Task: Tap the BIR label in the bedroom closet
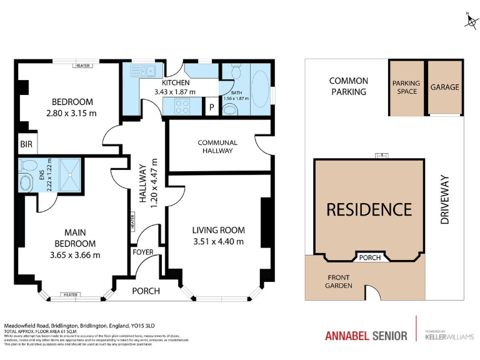point(26,144)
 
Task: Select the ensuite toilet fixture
point(27,166)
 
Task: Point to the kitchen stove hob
point(182,107)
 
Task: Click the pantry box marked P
point(212,107)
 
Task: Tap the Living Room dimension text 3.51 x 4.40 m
point(217,241)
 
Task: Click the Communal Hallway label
point(217,146)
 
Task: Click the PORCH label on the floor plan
point(146,291)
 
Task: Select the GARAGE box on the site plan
point(444,87)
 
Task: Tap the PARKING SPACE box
point(406,87)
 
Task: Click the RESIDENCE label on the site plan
point(369,209)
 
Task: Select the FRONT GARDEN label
point(338,281)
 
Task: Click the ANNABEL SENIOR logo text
point(366,336)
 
